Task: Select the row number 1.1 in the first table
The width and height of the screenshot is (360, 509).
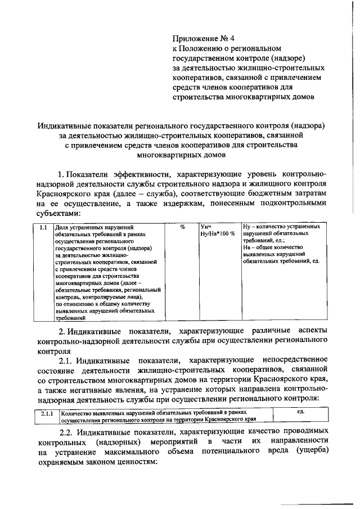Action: tap(43, 227)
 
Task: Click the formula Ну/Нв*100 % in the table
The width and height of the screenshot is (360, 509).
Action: tap(217, 233)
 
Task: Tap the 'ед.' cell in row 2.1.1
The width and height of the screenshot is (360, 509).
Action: tap(300, 412)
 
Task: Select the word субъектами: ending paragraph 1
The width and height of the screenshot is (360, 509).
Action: tap(55, 214)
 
